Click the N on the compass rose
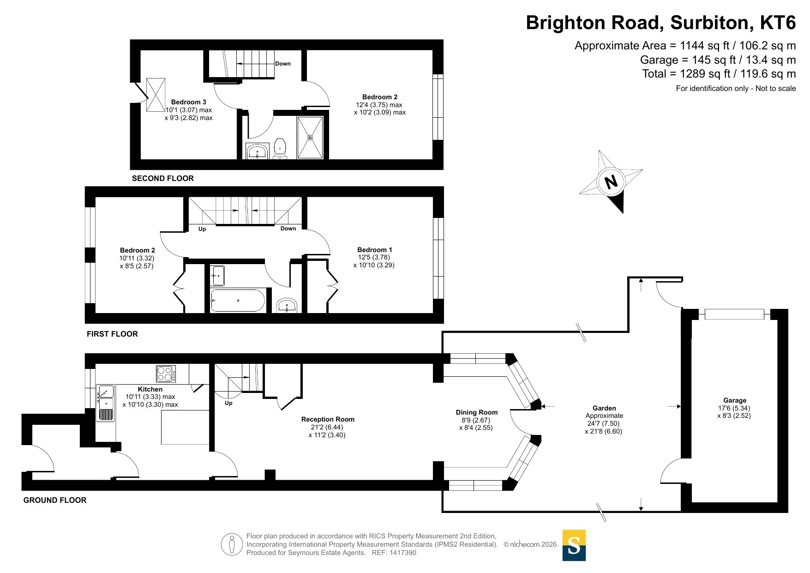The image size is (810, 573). [611, 181]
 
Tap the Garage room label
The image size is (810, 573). [735, 400]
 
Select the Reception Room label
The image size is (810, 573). [328, 419]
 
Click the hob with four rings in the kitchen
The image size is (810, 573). [166, 374]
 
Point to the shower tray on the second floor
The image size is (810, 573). [310, 138]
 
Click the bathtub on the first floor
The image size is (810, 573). [238, 301]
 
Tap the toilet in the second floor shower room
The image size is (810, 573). [280, 148]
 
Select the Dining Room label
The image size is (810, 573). [477, 412]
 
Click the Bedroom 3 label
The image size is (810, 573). [188, 102]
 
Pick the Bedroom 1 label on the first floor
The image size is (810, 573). [374, 250]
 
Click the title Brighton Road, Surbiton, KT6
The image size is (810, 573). [661, 23]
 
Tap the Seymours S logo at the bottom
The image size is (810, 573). [574, 545]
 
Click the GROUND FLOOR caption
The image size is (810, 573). [55, 500]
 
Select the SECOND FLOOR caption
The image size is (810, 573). [163, 178]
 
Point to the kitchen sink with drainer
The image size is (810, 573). [106, 403]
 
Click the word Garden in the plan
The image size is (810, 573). [604, 408]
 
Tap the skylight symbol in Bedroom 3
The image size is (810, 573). [156, 95]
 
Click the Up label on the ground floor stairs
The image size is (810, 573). [228, 403]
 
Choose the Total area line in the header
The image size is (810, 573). [719, 74]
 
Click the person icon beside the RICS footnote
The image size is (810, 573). [232, 544]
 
